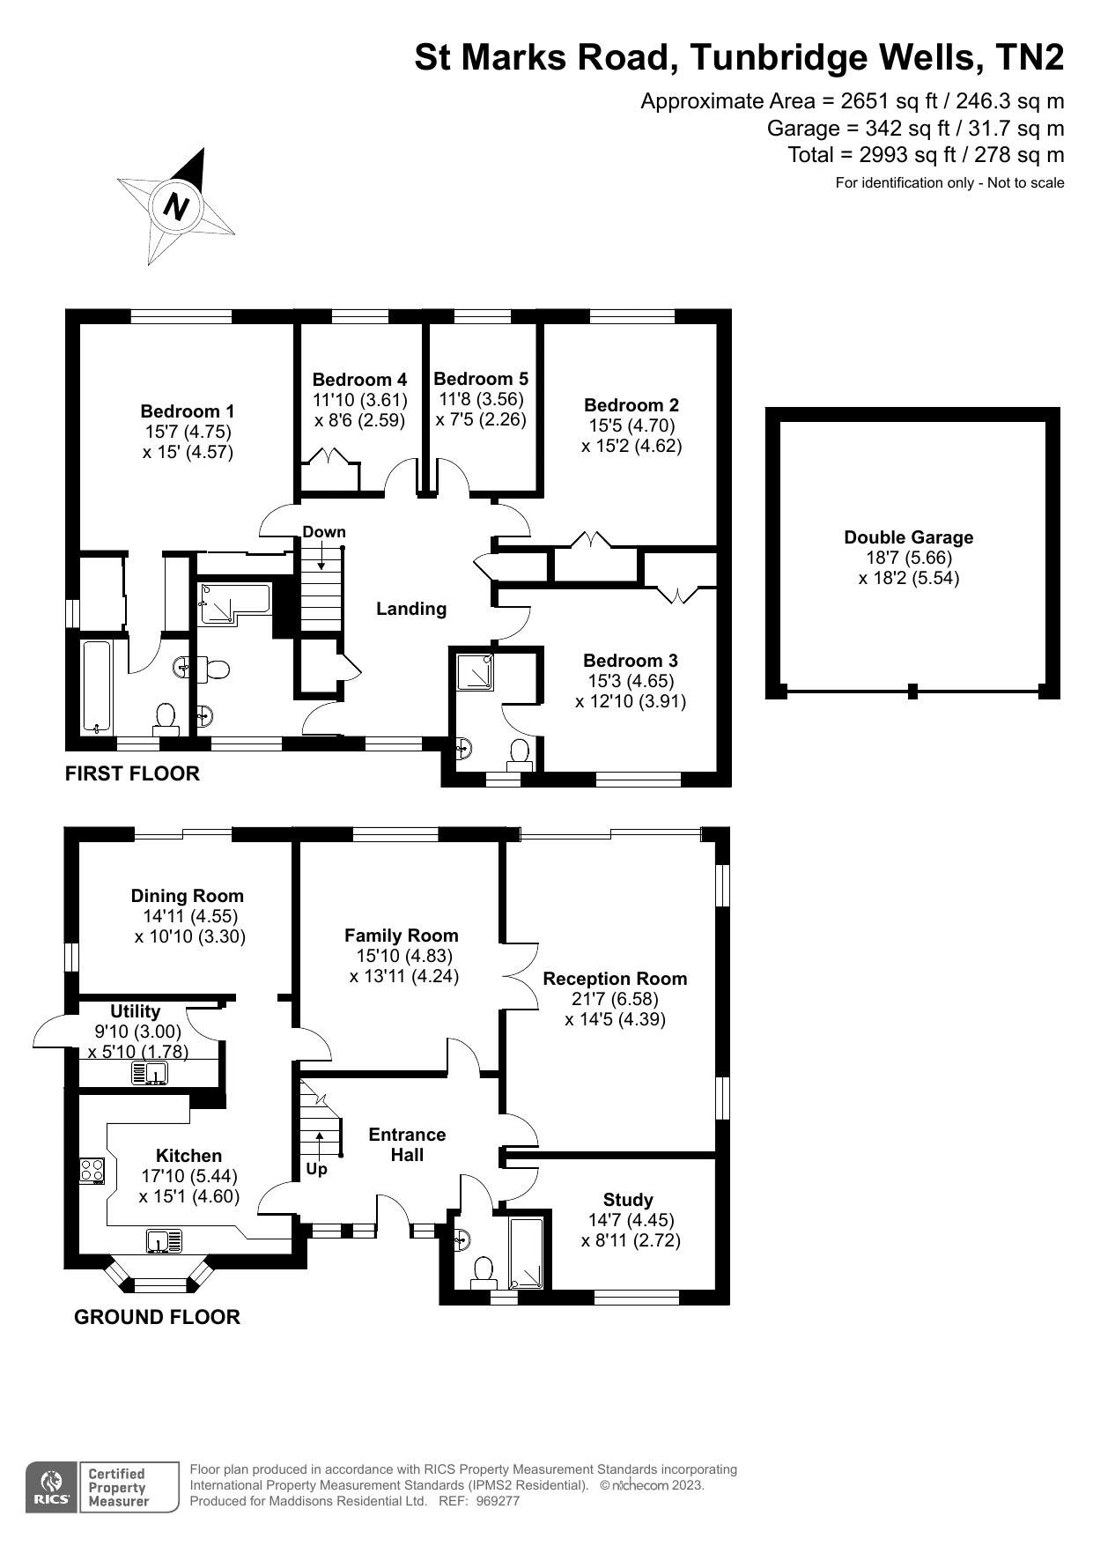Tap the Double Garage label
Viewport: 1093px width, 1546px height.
tap(908, 537)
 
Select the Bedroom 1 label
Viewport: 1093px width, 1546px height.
tap(188, 411)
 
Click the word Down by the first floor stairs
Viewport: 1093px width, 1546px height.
tap(324, 532)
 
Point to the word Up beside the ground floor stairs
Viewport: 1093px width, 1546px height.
tap(316, 1170)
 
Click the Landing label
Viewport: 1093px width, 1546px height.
tap(411, 609)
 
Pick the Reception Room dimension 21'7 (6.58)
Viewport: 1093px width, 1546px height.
tap(615, 999)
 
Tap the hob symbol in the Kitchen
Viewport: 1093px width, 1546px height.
tap(92, 1171)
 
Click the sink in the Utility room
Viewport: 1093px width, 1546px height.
tap(150, 1074)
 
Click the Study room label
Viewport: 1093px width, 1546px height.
tap(628, 1200)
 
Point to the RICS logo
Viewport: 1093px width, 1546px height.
tap(51, 1488)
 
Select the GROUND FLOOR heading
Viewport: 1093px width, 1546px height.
tap(157, 1317)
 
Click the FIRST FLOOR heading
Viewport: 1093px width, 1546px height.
tap(132, 773)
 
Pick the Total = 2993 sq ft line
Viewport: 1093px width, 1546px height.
tap(925, 155)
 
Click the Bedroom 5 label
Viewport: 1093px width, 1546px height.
tap(481, 379)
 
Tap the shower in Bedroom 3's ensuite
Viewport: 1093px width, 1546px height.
tap(475, 672)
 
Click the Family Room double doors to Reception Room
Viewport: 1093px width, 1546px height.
tap(521, 976)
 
